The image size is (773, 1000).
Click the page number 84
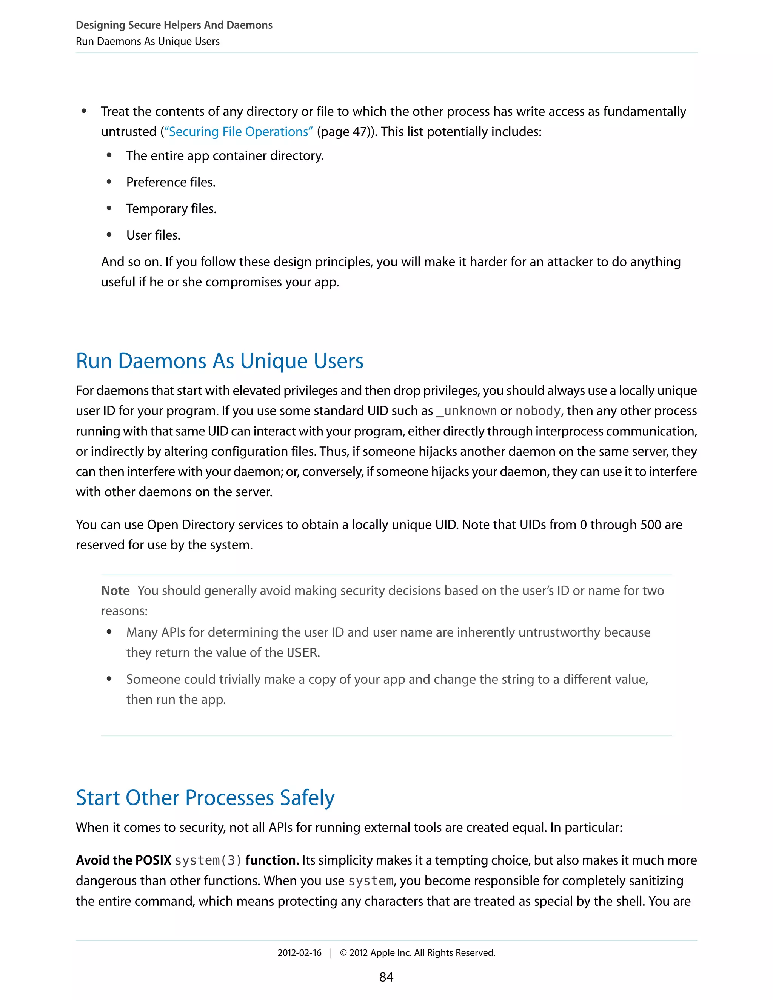coord(386,977)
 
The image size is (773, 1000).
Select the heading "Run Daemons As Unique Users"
coord(219,361)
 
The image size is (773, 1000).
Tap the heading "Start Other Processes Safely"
coord(205,798)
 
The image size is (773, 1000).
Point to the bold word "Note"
coord(115,591)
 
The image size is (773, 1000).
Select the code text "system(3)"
coord(208,860)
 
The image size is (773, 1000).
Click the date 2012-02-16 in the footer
coord(299,953)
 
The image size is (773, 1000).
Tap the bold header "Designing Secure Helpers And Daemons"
coord(174,25)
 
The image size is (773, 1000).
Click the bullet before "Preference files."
coord(109,182)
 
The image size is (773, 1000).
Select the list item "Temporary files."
coord(171,209)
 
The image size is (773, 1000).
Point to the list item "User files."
coord(153,235)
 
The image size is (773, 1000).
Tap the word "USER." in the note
coord(303,652)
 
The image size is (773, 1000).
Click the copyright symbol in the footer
coord(344,953)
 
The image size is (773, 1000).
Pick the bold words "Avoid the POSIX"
coord(124,860)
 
